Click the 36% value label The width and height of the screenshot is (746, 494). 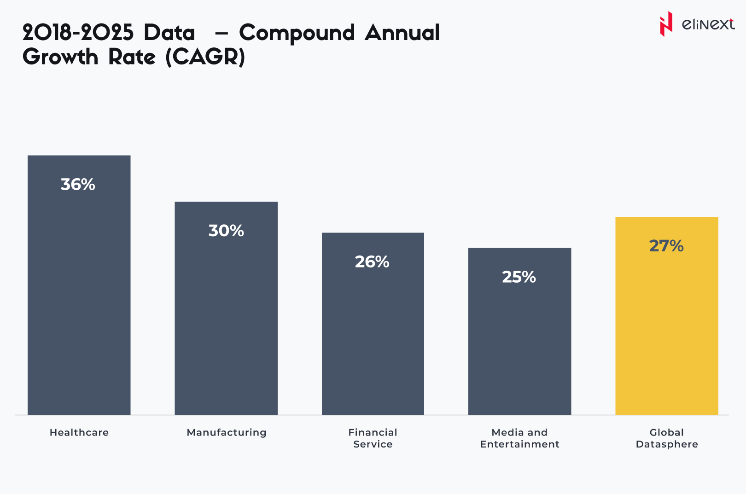coord(78,185)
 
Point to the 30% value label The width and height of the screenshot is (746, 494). coord(226,231)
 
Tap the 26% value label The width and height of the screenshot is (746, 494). coord(372,262)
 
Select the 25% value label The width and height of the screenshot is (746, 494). coord(519,277)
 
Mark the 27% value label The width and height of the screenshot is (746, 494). coord(666,246)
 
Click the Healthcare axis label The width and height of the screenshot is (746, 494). coord(79,432)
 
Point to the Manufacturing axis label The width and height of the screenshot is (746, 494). coord(227,433)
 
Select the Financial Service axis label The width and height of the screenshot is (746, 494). coord(373,438)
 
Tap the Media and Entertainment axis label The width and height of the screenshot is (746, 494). coord(519,438)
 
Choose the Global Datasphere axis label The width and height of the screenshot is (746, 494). coord(667,438)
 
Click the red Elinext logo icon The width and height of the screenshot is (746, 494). coord(666,24)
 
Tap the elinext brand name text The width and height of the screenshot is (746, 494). coord(708,24)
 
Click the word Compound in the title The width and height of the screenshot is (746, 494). coord(297,34)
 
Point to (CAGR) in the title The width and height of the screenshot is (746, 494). coord(205,58)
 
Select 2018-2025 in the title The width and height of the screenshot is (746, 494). coord(78,33)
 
